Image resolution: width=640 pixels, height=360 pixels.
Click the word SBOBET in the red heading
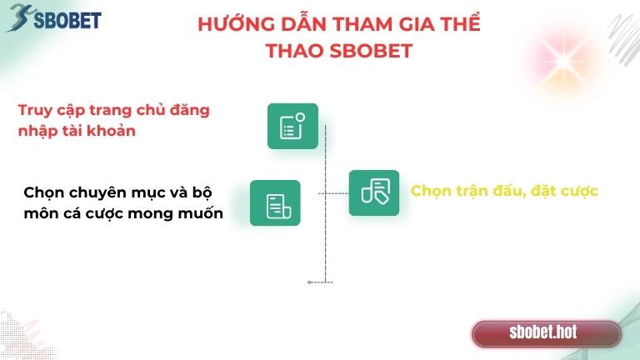click(x=374, y=51)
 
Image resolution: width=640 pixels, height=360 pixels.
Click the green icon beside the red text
click(x=292, y=126)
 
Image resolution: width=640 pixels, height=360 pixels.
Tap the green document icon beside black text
click(x=275, y=203)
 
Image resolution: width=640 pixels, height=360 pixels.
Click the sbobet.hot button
click(x=546, y=333)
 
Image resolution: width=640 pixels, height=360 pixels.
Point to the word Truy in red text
click(x=35, y=111)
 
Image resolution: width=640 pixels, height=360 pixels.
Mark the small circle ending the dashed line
click(x=309, y=282)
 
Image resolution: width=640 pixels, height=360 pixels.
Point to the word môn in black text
click(x=40, y=213)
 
